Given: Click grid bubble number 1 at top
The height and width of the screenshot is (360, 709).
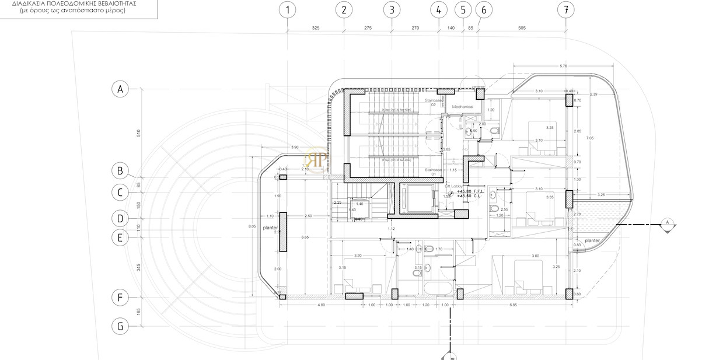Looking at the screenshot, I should [x=287, y=10].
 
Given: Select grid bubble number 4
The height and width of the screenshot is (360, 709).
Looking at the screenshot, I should [x=439, y=10].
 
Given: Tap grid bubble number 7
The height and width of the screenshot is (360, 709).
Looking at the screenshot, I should [x=564, y=10].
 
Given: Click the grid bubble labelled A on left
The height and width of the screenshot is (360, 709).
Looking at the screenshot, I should [x=120, y=89].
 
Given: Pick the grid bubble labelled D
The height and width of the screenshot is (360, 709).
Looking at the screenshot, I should [x=120, y=218].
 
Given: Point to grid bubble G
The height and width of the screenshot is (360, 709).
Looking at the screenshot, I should [x=120, y=326].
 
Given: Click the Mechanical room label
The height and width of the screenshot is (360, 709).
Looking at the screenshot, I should [x=463, y=107].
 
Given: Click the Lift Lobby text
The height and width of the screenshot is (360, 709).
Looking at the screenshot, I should [x=453, y=186].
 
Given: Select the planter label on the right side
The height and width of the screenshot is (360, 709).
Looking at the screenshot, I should [x=592, y=240].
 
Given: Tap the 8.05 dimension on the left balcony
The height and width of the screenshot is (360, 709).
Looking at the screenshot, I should [x=252, y=226].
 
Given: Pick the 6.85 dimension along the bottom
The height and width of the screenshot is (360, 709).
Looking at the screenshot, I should [x=514, y=305].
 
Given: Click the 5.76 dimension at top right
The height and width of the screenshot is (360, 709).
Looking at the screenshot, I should [x=563, y=66].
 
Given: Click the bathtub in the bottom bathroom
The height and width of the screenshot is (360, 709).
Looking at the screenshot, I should [x=437, y=288].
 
